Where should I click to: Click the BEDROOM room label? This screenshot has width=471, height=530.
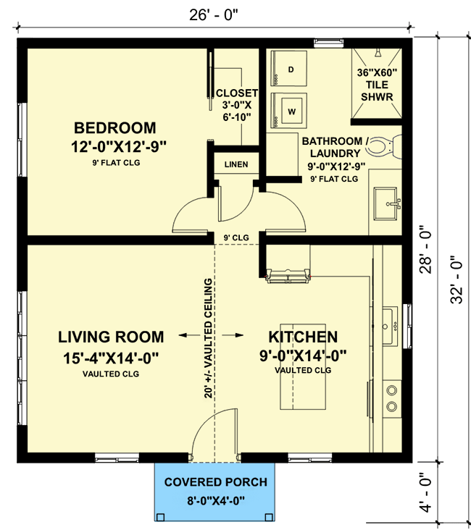tap(115, 128)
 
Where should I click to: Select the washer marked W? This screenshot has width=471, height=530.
tap(291, 112)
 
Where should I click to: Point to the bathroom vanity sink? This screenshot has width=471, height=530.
tap(385, 202)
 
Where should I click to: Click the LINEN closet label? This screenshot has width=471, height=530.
tap(236, 164)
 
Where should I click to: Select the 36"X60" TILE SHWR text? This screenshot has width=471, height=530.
tap(376, 85)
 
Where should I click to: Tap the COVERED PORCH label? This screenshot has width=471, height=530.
tap(215, 482)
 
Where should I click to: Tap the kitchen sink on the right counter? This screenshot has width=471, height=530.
tap(389, 316)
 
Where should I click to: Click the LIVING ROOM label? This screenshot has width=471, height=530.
tap(111, 337)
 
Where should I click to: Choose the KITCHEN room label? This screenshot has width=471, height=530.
tap(303, 337)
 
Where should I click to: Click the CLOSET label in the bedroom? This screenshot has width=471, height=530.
tap(236, 93)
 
